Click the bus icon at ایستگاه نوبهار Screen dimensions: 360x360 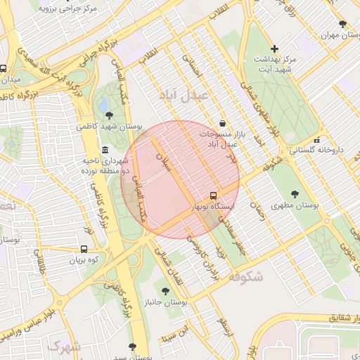(213, 195)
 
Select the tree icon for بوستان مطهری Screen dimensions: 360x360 (295, 193)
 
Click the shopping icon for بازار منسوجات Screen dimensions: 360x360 (223, 122)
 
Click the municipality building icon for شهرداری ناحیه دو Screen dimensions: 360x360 (105, 150)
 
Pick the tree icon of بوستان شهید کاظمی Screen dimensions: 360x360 (108, 114)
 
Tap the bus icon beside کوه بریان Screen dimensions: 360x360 (85, 249)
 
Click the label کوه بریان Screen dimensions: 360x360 (86, 261)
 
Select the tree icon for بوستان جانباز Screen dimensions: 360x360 (165, 290)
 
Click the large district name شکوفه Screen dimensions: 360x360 (245, 276)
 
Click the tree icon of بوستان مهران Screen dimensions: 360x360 (342, 25)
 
